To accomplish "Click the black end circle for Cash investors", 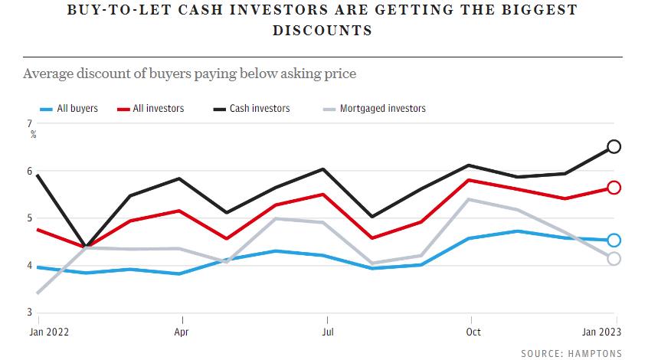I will (x=614, y=146).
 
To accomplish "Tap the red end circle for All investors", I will (x=614, y=188).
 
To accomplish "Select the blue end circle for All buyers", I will (x=614, y=241).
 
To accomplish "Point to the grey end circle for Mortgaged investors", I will (x=614, y=259).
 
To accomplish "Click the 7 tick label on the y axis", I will (x=29, y=123).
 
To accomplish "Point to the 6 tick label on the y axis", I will (x=29, y=171).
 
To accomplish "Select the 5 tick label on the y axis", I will (x=29, y=218).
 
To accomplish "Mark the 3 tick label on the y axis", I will (x=29, y=313).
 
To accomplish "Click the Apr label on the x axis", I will (x=182, y=332).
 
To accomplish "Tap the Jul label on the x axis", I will (x=327, y=332).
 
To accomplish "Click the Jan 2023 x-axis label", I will (x=601, y=332).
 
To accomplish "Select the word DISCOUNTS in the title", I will (x=322, y=31).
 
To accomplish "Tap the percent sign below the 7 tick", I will (x=34, y=134).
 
